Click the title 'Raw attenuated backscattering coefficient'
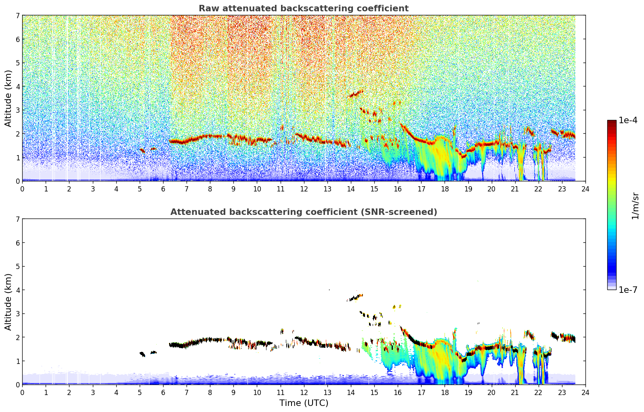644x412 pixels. click(x=303, y=8)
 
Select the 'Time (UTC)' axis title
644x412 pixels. click(x=304, y=403)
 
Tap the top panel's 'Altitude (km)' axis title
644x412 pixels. click(x=8, y=98)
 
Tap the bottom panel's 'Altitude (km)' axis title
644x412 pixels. click(x=8, y=302)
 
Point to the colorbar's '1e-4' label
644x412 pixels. click(x=628, y=120)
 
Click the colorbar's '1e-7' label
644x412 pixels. click(x=628, y=290)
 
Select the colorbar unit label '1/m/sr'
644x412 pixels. click(x=635, y=205)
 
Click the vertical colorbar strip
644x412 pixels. click(x=612, y=205)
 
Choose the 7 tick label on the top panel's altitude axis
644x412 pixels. click(x=17, y=16)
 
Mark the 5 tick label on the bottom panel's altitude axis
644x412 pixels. click(x=17, y=267)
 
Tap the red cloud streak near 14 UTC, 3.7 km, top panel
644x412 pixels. click(x=356, y=94)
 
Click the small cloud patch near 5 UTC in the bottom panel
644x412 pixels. click(x=142, y=354)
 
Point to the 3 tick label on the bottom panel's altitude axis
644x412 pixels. click(x=17, y=314)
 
